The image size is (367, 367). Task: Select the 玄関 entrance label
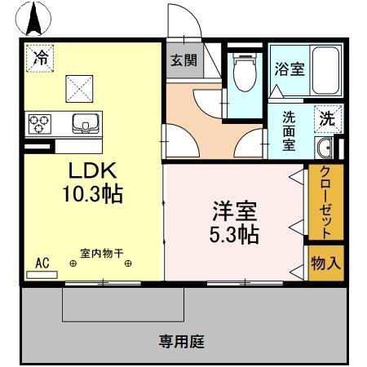point(183,60)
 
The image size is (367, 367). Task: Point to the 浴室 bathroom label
point(290,69)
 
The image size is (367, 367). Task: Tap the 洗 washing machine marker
point(326,117)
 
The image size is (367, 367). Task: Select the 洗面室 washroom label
point(290,130)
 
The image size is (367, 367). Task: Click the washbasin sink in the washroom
point(324,148)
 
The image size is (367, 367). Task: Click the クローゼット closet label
point(325,201)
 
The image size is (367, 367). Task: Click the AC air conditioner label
point(43,263)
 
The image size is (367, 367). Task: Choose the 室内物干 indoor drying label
point(102,253)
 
